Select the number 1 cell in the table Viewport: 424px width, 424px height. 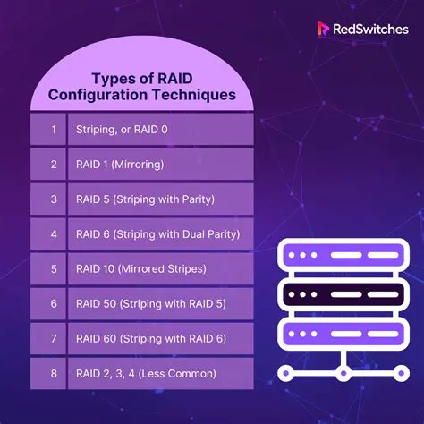52,130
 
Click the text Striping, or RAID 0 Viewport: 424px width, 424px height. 121,130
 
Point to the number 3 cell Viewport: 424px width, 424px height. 52,199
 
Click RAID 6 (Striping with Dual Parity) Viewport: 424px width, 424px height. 158,234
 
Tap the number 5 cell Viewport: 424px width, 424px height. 52,268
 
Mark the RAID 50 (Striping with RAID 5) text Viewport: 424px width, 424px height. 151,303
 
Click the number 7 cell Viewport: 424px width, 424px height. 52,338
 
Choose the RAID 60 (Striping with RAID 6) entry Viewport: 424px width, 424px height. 151,338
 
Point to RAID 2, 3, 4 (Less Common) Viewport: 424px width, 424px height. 144,373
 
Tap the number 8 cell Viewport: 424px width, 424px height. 52,373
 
